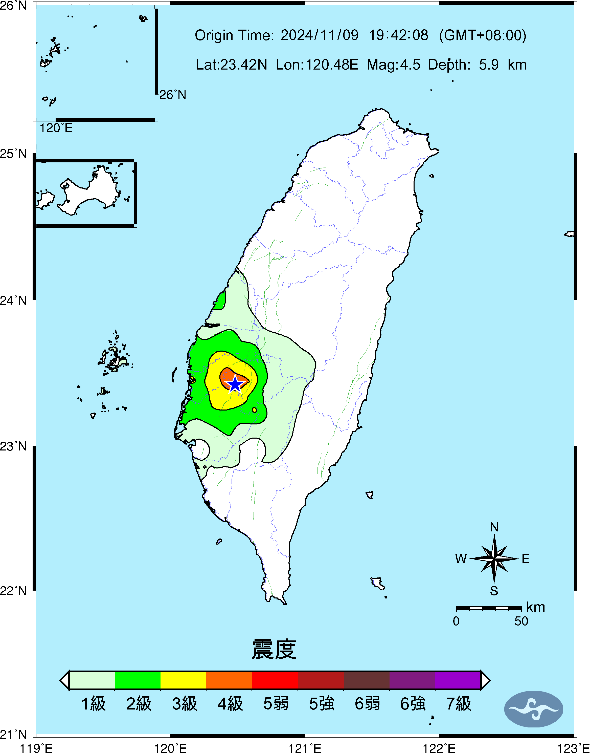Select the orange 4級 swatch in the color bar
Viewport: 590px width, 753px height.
click(229, 680)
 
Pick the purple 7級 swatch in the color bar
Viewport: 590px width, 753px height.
click(458, 680)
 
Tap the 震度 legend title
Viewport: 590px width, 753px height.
click(274, 649)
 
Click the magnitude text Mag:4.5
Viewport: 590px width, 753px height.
click(393, 64)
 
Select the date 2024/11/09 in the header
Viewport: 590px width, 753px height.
click(319, 35)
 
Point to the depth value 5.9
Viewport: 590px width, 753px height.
click(488, 64)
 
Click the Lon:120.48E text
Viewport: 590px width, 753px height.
click(317, 64)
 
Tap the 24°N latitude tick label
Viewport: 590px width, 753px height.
click(13, 300)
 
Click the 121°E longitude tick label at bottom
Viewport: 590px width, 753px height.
click(305, 748)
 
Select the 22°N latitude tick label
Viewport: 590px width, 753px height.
click(13, 591)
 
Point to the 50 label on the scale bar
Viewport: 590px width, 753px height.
click(521, 621)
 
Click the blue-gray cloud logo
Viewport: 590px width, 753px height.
click(533, 709)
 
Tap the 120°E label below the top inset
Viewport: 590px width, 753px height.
click(56, 128)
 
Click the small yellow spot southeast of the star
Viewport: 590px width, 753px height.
click(255, 410)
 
